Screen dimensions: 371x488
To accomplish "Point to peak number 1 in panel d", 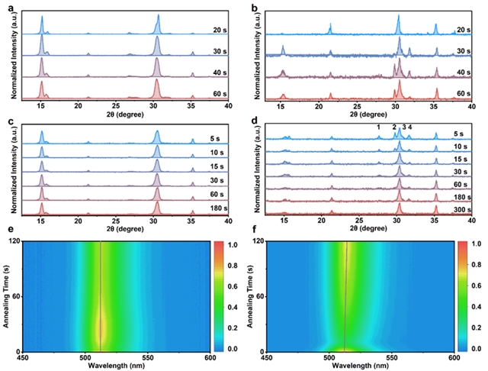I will point(379,127).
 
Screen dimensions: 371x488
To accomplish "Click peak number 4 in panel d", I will point(410,127).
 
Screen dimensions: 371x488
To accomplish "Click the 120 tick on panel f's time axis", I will point(257,241).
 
